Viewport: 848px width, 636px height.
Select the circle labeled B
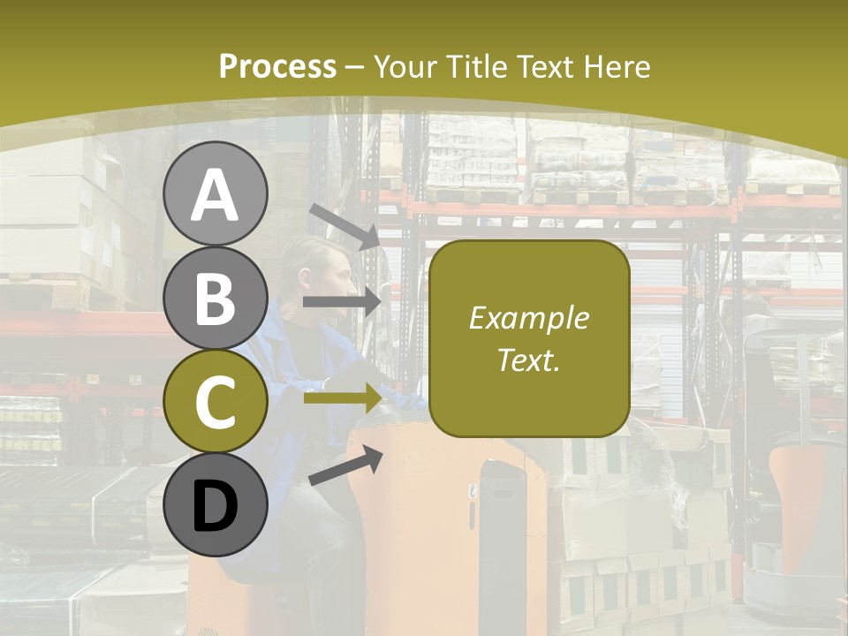(x=216, y=298)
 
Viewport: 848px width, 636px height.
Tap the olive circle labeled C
(x=216, y=401)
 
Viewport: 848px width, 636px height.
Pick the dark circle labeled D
(x=216, y=504)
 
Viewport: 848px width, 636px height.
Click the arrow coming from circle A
(x=344, y=224)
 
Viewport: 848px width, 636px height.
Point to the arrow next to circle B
(x=342, y=302)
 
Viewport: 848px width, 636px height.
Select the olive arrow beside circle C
(x=343, y=397)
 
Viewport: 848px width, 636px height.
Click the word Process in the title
(x=277, y=66)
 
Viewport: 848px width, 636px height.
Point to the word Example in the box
(x=528, y=318)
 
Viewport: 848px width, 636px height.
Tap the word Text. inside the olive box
(x=528, y=360)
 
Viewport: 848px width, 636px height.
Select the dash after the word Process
(x=354, y=67)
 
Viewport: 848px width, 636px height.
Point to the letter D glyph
(x=216, y=507)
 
